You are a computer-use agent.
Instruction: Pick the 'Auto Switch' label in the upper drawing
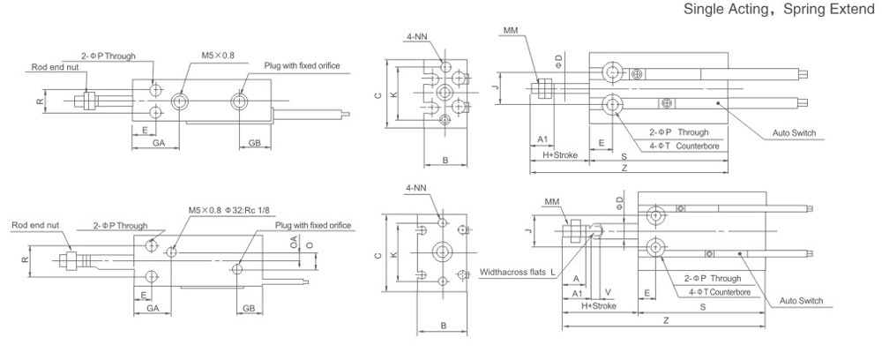pyautogui.click(x=794, y=133)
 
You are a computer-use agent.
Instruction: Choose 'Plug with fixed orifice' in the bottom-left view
pyautogui.click(x=313, y=225)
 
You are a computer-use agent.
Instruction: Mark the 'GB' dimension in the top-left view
pyautogui.click(x=253, y=142)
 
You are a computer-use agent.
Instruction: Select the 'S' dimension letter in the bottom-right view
pyautogui.click(x=702, y=306)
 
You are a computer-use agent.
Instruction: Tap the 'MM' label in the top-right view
pyautogui.click(x=510, y=31)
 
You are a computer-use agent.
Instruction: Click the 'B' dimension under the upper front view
pyautogui.click(x=446, y=160)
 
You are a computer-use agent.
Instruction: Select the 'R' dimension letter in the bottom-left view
pyautogui.click(x=26, y=259)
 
